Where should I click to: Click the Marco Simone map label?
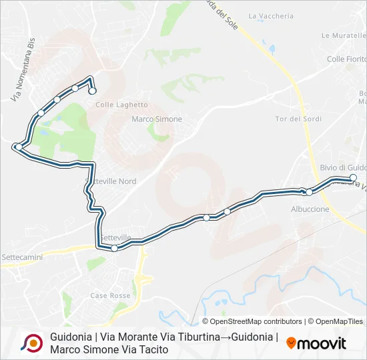(x=157, y=119)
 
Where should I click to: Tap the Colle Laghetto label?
(x=121, y=105)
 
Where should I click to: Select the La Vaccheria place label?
(x=270, y=16)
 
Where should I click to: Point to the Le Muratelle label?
(x=344, y=35)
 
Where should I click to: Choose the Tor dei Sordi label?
(x=298, y=119)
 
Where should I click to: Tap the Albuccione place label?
(x=310, y=209)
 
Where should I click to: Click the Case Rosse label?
(x=110, y=295)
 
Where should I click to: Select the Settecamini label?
(x=22, y=256)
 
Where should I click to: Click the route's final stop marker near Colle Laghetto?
(x=93, y=91)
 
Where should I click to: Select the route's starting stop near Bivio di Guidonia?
(x=353, y=177)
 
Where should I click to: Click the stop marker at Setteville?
(x=115, y=248)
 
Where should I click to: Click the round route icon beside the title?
(x=31, y=343)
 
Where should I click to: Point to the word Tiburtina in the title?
(x=195, y=337)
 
